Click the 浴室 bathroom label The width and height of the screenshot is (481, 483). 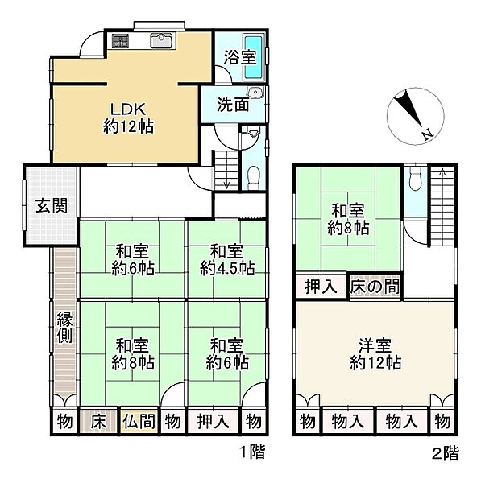[x=240, y=57]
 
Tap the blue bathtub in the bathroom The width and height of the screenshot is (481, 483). [x=254, y=57]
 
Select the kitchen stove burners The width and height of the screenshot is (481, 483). [x=120, y=41]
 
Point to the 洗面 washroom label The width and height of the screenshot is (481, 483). [x=233, y=105]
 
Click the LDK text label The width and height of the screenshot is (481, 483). [x=128, y=109]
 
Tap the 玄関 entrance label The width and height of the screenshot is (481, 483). [x=52, y=205]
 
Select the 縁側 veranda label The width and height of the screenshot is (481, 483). [x=64, y=327]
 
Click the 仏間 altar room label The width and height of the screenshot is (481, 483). [x=139, y=421]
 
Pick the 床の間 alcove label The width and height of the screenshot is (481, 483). [x=375, y=287]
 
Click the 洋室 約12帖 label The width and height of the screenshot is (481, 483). [x=375, y=354]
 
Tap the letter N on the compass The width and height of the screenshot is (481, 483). [x=428, y=134]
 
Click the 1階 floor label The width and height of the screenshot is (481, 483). [x=252, y=452]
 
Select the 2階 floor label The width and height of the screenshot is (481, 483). [x=446, y=453]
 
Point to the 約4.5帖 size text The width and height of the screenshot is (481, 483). [x=227, y=268]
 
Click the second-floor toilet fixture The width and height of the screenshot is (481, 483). [x=415, y=179]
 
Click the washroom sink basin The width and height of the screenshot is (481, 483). [x=255, y=92]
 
